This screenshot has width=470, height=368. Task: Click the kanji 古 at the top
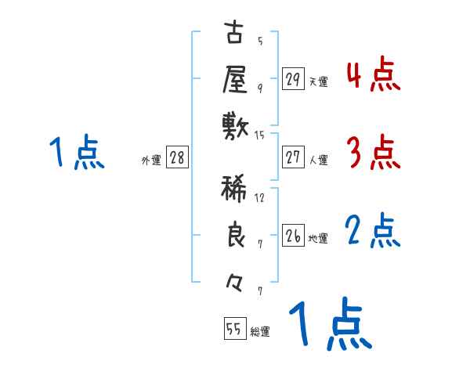pos(235,35)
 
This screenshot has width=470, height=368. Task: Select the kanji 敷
pos(235,125)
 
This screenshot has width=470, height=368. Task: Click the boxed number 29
pos(293,79)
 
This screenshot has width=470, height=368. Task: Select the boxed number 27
pos(293,157)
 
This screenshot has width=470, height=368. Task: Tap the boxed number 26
pos(293,236)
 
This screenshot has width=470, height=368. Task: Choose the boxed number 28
pos(177,157)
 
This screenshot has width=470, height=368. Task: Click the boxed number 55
pos(233,329)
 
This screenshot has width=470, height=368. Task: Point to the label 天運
pos(318,81)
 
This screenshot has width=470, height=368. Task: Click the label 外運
pos(151,160)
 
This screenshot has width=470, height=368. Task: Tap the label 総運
pos(260,331)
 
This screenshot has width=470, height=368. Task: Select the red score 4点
pos(372,74)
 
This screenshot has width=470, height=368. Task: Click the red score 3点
pos(372,152)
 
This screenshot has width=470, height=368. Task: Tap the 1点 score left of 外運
pos(76,152)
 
